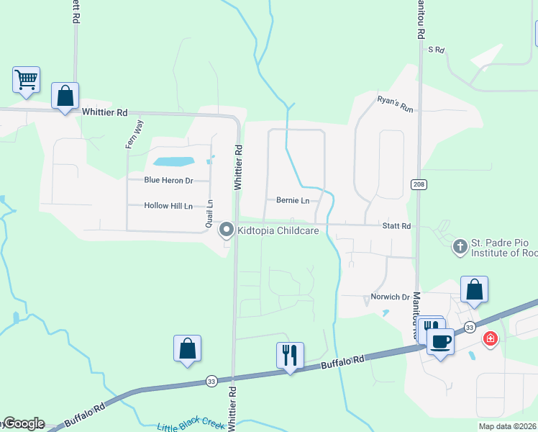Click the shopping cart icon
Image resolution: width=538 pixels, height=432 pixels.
tap(27, 79)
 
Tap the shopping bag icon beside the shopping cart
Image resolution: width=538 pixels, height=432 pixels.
tap(65, 96)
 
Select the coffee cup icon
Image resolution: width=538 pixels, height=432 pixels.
tap(440, 341)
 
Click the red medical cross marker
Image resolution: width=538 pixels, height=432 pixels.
tap(491, 338)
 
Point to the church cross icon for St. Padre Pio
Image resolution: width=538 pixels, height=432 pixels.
tap(459, 248)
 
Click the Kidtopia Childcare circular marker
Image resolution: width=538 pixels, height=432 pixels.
tap(226, 230)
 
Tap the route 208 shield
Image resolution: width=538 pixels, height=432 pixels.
tap(419, 185)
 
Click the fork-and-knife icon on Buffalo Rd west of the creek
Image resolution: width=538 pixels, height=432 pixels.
tap(290, 355)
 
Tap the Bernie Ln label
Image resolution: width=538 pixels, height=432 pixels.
tap(292, 200)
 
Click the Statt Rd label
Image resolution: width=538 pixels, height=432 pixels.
tap(396, 226)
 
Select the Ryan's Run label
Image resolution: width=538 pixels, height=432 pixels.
tap(396, 104)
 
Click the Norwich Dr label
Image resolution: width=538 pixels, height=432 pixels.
tap(390, 297)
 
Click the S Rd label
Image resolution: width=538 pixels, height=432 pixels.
tap(437, 50)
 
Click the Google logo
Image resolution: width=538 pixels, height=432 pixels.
tap(24, 423)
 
